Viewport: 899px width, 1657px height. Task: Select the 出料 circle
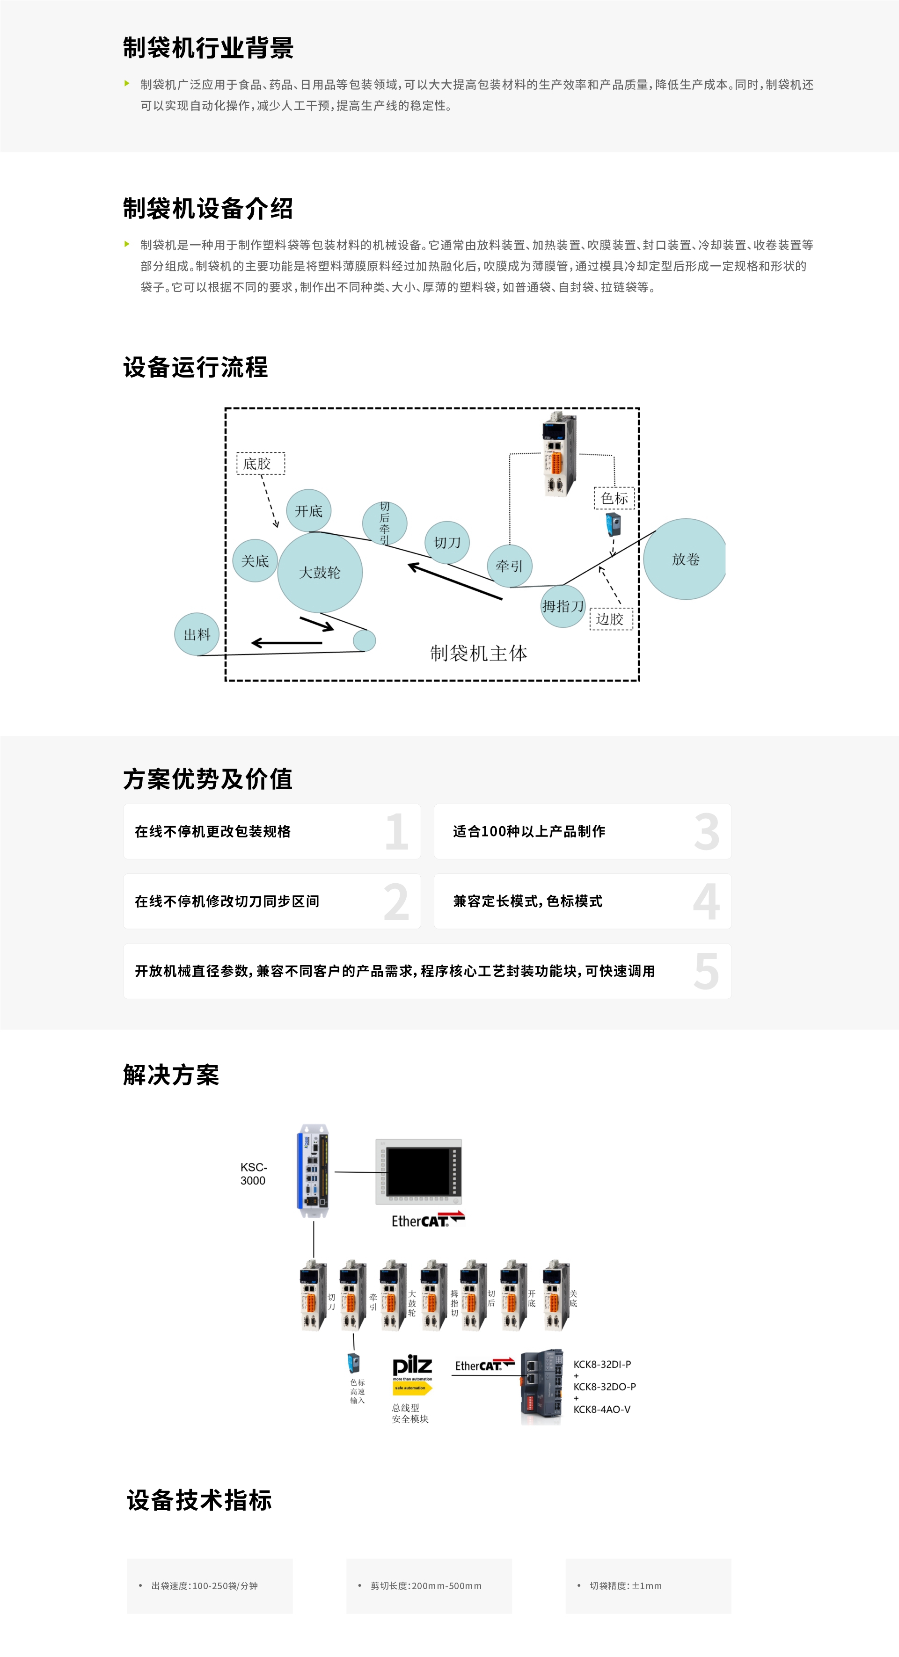click(197, 634)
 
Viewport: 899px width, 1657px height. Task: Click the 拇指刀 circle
click(563, 606)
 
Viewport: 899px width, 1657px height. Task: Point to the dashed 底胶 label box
click(261, 463)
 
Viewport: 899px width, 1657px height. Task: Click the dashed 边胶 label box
click(611, 619)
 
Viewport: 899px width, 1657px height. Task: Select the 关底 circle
click(255, 561)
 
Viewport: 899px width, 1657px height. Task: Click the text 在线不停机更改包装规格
click(212, 831)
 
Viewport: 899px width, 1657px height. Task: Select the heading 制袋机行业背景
click(208, 48)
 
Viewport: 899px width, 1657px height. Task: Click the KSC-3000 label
click(254, 1173)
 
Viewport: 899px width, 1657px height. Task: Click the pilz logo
click(412, 1366)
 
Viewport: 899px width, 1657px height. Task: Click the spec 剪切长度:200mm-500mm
click(426, 1585)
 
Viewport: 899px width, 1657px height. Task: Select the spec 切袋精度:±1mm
click(626, 1585)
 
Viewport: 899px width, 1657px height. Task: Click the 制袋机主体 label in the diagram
click(478, 654)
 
